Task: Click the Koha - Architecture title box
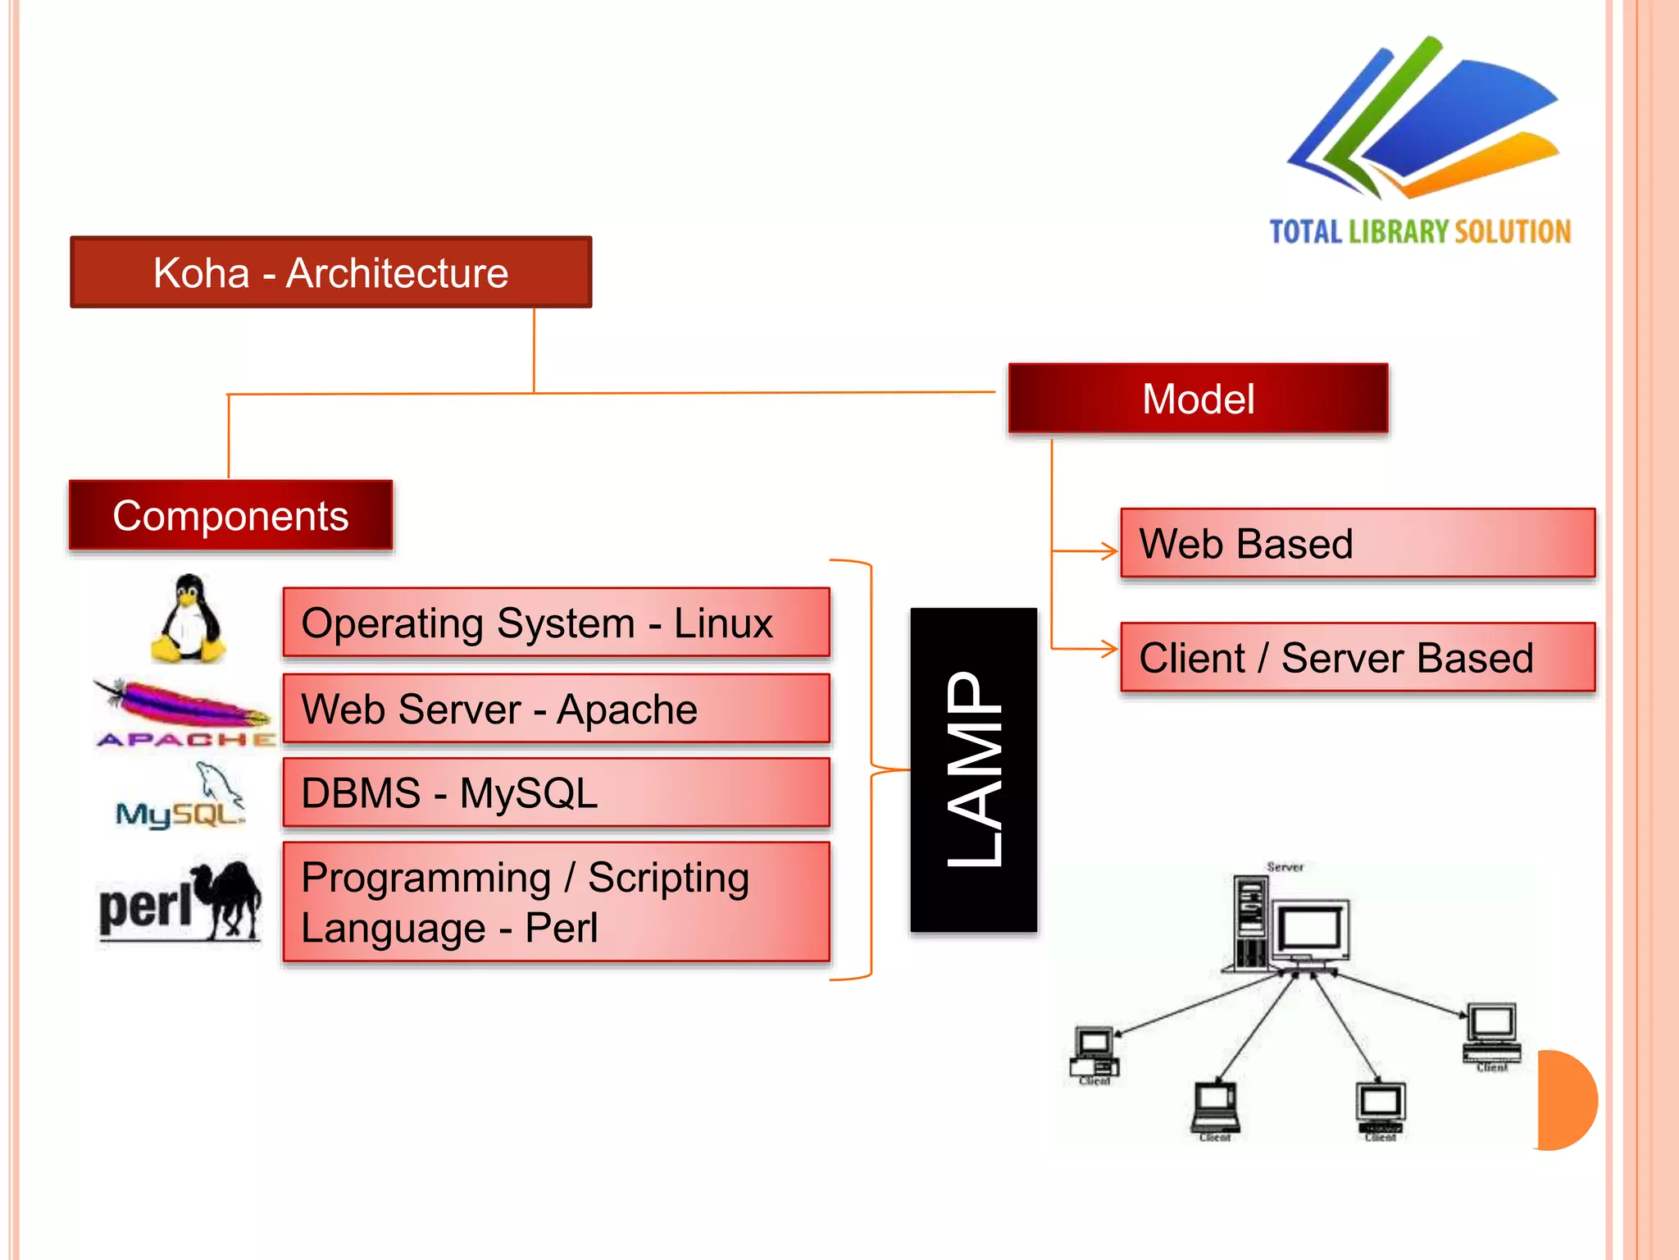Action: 330,272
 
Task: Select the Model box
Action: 1198,399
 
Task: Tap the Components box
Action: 230,515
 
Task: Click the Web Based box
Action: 1357,543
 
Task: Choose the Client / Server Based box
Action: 1357,657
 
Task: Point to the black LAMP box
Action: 973,769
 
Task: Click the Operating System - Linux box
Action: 556,623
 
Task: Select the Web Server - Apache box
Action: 556,709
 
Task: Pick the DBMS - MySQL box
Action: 556,792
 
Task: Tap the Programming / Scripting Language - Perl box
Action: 556,902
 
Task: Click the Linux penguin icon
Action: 189,619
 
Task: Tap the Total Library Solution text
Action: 1420,232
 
